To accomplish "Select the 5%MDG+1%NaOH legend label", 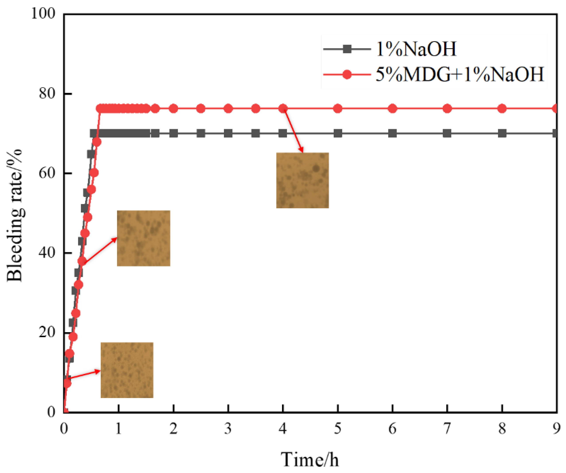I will [460, 74].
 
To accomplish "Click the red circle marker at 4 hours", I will [283, 109].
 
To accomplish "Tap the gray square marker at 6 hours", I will [392, 133].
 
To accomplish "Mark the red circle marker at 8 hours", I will [502, 109].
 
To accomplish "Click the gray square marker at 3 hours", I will [228, 133].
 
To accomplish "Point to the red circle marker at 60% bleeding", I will [94, 173].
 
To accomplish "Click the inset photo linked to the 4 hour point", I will [302, 180].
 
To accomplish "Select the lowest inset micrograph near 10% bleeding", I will [127, 370].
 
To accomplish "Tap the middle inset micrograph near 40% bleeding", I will [143, 238].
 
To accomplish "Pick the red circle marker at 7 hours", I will [447, 109].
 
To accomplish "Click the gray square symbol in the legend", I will [348, 49].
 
